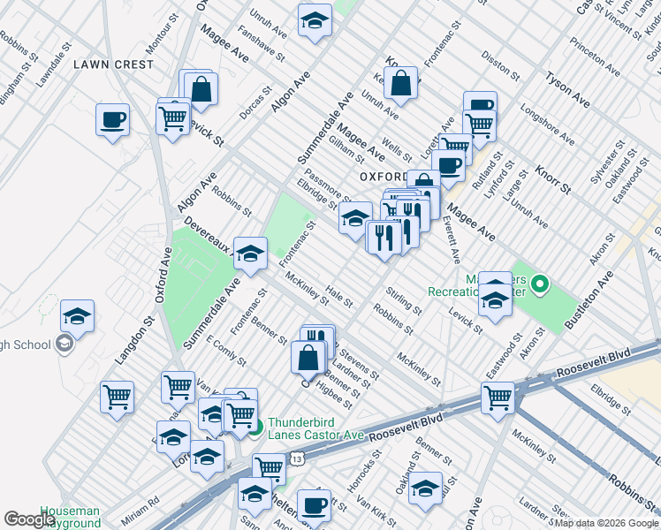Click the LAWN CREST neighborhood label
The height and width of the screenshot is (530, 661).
tap(113, 64)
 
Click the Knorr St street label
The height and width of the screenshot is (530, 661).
tap(553, 178)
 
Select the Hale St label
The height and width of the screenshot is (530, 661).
tap(338, 295)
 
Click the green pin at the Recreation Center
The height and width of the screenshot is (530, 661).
tap(543, 284)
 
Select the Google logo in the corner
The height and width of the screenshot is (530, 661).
tap(30, 519)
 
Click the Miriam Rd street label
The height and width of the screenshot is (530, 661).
tap(141, 501)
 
